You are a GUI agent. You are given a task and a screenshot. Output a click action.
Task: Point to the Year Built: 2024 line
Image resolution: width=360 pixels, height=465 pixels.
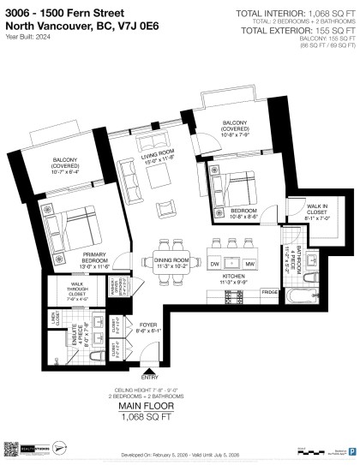[x=23, y=35]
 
